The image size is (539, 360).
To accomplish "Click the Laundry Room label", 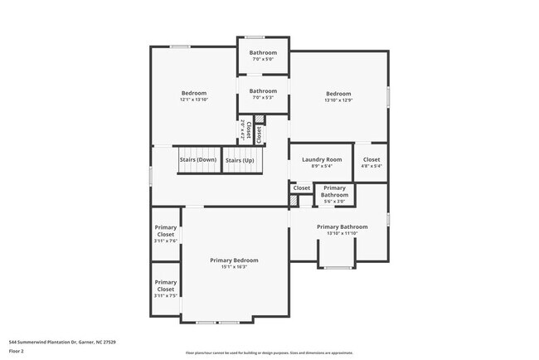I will pyautogui.click(x=322, y=159).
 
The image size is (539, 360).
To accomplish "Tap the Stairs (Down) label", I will pyautogui.click(x=198, y=159).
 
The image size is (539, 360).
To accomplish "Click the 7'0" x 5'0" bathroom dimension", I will pyautogui.click(x=263, y=59).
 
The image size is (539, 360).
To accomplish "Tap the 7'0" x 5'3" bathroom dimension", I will pyautogui.click(x=263, y=98).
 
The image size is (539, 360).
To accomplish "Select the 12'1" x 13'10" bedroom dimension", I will pyautogui.click(x=193, y=100).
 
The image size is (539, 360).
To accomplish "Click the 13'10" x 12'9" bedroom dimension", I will pyautogui.click(x=338, y=100).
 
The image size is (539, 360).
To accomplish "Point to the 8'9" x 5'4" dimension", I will pyautogui.click(x=322, y=166).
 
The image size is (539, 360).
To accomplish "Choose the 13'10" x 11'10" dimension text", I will pyautogui.click(x=342, y=233).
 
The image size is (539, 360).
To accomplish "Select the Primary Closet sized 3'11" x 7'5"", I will pyautogui.click(x=166, y=289).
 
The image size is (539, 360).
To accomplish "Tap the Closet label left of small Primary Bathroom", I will pyautogui.click(x=302, y=188).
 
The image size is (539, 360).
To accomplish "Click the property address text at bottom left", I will pyautogui.click(x=62, y=342).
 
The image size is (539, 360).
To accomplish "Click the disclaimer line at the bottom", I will pyautogui.click(x=269, y=353).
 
